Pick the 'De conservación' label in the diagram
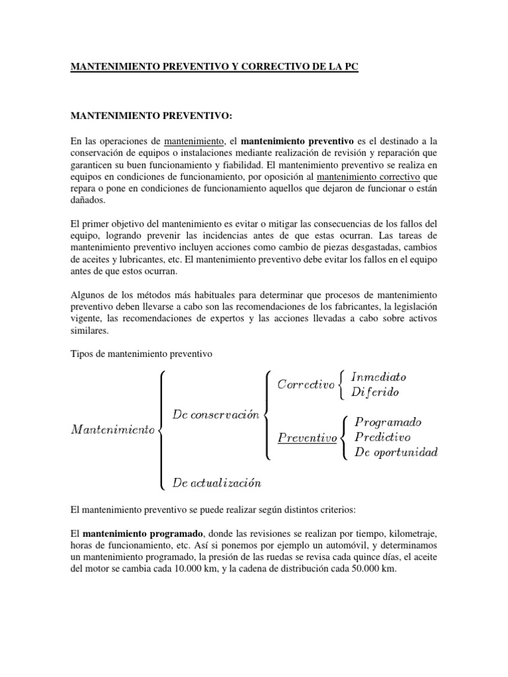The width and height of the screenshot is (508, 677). coord(215,415)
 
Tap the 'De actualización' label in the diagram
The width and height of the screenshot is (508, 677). coord(216,483)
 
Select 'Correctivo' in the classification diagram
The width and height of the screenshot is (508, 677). coord(305,384)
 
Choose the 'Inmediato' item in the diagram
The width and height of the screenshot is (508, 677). coord(378,377)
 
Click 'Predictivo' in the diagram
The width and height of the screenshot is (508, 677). coord(382,437)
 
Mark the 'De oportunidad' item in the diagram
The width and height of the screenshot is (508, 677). coord(396,452)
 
